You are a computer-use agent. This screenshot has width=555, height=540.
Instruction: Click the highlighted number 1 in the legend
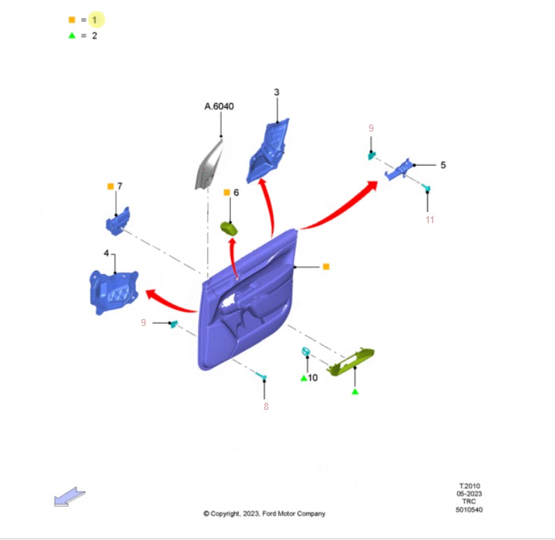click(94, 20)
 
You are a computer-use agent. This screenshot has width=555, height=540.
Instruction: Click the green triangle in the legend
click(72, 36)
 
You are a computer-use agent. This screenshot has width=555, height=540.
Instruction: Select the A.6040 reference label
click(219, 106)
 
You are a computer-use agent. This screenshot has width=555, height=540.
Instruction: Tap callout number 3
click(276, 92)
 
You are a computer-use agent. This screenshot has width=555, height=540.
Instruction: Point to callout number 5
click(443, 165)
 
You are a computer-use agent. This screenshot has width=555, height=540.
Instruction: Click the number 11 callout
click(430, 220)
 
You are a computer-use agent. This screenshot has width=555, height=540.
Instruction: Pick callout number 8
click(266, 406)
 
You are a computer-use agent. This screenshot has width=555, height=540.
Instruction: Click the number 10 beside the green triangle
click(313, 378)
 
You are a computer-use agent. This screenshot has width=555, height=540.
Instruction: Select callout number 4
click(106, 253)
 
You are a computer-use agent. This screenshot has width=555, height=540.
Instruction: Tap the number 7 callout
click(120, 186)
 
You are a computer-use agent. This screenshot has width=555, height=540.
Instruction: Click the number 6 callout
click(236, 192)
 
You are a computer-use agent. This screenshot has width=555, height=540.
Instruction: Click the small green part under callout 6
click(229, 228)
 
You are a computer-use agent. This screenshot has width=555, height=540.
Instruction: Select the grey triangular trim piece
click(208, 165)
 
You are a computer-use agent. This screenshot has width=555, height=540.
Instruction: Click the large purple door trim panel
click(248, 301)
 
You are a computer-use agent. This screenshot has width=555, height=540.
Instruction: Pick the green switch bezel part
click(351, 361)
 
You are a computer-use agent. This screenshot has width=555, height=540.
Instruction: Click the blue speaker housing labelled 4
click(113, 292)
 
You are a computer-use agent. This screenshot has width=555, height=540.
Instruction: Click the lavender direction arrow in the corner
click(69, 497)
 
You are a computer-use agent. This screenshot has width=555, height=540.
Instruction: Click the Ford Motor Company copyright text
click(264, 513)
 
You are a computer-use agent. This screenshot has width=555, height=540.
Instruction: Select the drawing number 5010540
click(469, 509)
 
